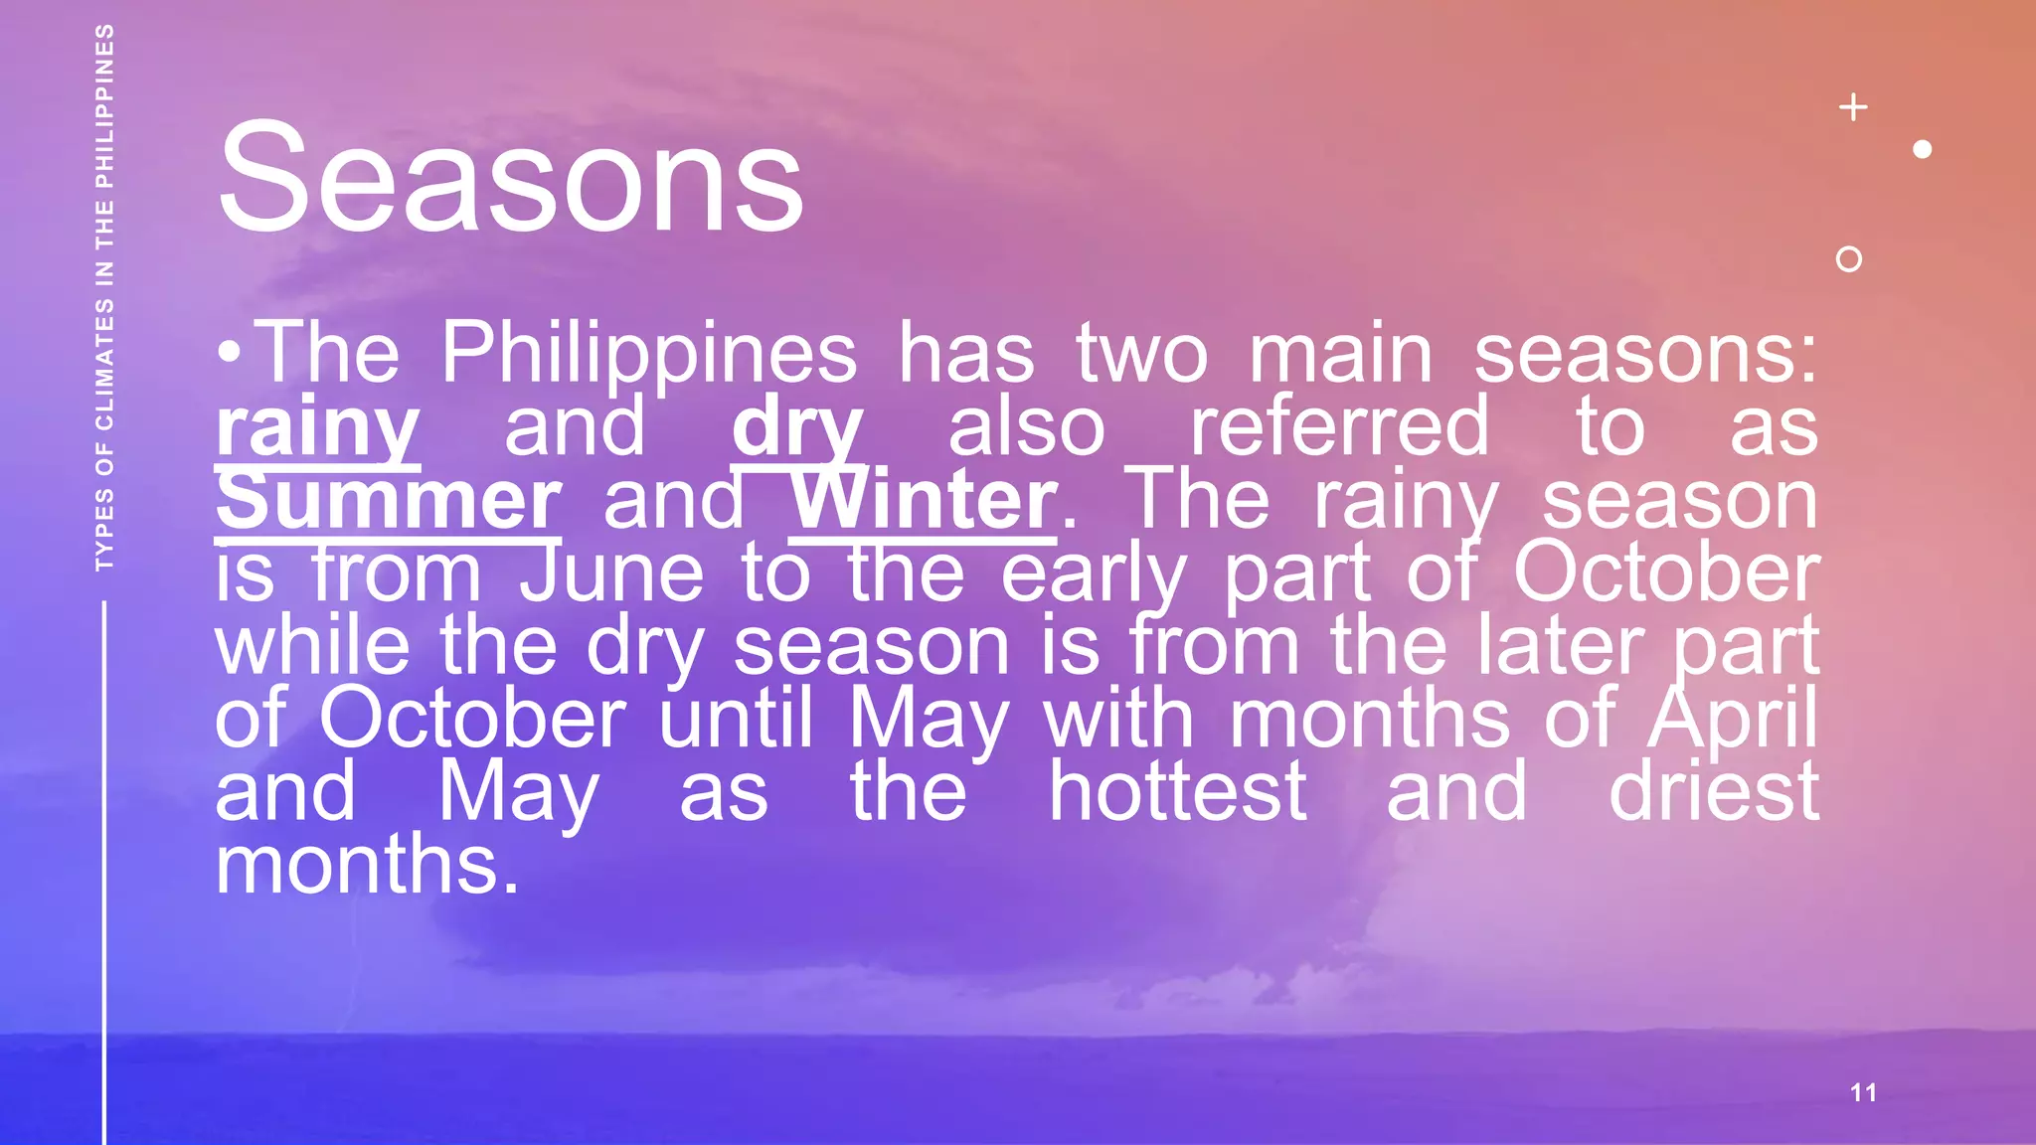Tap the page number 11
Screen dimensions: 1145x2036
tap(1863, 1092)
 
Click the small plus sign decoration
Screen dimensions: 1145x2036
tap(1853, 106)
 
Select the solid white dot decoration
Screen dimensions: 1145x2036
tap(1922, 149)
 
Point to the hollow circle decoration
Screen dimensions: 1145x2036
tap(1848, 259)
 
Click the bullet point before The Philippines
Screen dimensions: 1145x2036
tap(229, 352)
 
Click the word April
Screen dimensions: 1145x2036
tap(1732, 720)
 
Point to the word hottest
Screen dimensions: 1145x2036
tap(1177, 791)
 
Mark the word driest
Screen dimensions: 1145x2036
tap(1713, 791)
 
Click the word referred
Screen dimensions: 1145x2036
tap(1339, 427)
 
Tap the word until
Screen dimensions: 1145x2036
tap(736, 718)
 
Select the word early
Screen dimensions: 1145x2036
tap(1093, 574)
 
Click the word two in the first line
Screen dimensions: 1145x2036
tap(1140, 354)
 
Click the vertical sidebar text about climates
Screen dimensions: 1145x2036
tap(104, 298)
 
